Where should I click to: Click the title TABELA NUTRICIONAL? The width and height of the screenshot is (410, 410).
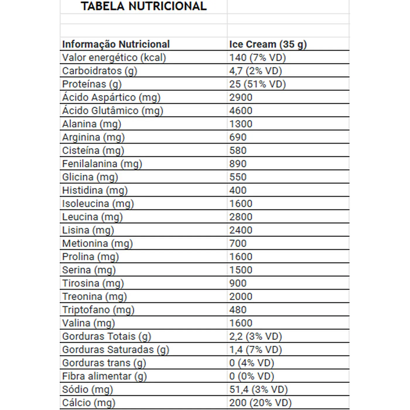(x=143, y=6)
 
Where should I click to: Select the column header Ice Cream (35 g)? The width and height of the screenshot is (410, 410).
(x=268, y=44)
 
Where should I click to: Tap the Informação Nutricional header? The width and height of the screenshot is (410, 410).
(x=116, y=44)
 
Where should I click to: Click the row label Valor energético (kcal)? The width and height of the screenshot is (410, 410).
(x=114, y=58)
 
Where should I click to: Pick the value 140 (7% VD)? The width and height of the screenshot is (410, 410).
(x=257, y=58)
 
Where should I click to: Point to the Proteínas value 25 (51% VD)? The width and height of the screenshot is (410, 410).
(x=257, y=84)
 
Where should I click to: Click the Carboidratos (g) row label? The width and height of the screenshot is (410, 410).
(x=100, y=71)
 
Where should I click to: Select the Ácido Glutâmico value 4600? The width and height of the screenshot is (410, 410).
(x=240, y=111)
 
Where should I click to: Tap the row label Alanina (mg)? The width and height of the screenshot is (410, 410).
(x=91, y=124)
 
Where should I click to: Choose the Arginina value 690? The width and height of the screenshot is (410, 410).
(x=238, y=137)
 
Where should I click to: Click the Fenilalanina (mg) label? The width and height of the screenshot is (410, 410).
(x=102, y=164)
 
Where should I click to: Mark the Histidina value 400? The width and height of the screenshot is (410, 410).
(x=238, y=190)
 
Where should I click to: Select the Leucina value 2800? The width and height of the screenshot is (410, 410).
(x=240, y=217)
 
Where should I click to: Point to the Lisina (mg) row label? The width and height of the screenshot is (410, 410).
(x=88, y=230)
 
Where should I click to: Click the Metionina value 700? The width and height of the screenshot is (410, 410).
(x=238, y=243)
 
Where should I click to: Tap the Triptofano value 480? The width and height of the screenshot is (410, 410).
(x=238, y=310)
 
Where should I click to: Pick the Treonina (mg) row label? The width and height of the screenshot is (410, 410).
(x=94, y=297)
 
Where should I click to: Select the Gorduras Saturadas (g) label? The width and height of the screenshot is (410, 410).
(x=116, y=350)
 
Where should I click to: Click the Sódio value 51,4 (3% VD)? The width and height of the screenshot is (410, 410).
(x=258, y=389)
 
